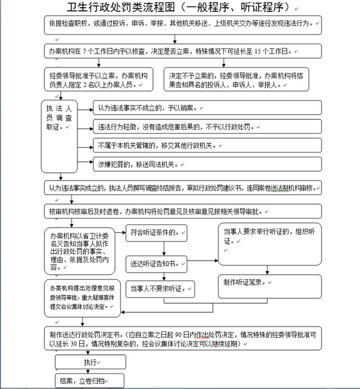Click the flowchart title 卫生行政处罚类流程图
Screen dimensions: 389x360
tap(180, 8)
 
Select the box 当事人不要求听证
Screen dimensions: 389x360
tap(160, 289)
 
